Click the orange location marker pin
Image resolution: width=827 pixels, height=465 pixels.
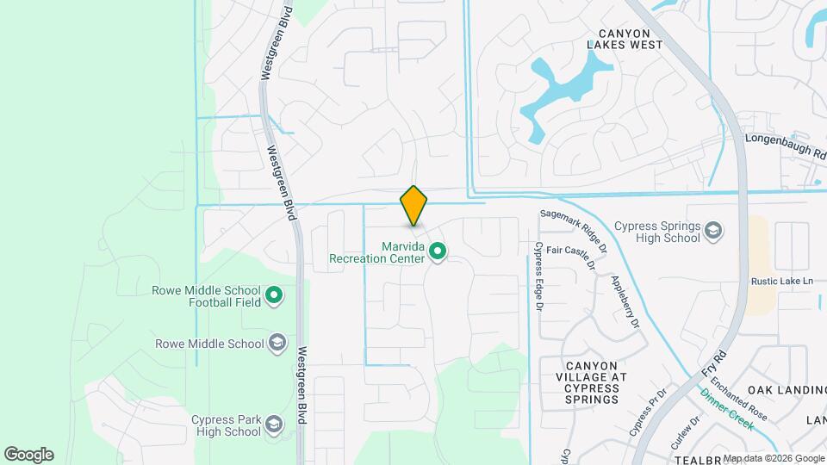tap(413, 206)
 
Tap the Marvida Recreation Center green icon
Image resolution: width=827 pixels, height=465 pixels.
tap(438, 251)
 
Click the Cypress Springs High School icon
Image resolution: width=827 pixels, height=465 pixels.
tap(713, 231)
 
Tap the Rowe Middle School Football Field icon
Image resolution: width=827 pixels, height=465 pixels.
tap(275, 296)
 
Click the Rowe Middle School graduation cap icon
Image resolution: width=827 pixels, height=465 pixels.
tap(277, 344)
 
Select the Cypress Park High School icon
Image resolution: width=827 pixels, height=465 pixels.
tap(274, 425)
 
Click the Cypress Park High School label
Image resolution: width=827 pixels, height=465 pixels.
tap(226, 425)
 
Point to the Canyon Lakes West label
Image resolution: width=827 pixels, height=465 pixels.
tap(625, 38)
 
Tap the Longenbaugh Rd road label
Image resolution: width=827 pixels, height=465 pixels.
tap(785, 140)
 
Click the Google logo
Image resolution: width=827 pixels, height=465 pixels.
tap(28, 455)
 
